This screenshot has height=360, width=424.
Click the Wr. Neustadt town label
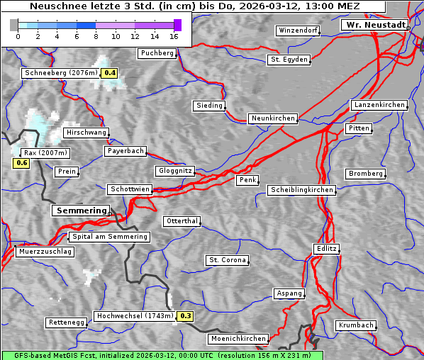click(x=374, y=25)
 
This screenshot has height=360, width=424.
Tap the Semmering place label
click(x=81, y=210)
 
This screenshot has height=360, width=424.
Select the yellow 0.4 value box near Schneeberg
click(x=110, y=73)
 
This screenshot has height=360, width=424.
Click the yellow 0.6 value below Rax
click(x=21, y=164)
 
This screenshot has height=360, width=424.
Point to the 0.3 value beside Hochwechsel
click(x=185, y=316)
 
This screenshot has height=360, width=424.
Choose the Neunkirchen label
click(x=272, y=118)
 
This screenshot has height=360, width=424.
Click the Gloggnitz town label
click(x=174, y=171)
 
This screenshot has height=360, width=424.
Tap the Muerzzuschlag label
click(x=45, y=252)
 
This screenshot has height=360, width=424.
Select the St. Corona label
click(x=228, y=260)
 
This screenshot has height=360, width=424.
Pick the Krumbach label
click(x=355, y=325)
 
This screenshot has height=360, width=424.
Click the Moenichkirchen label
click(x=239, y=339)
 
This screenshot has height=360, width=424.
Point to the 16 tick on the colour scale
click(x=174, y=35)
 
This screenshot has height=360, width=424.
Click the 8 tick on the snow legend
click(x=96, y=35)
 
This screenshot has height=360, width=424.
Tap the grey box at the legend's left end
click(x=14, y=25)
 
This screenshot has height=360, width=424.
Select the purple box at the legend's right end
click(x=177, y=25)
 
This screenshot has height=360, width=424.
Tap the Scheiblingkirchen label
click(x=301, y=190)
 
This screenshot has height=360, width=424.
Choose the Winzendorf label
click(x=298, y=31)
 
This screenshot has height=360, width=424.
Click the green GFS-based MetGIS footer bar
click(x=162, y=355)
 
